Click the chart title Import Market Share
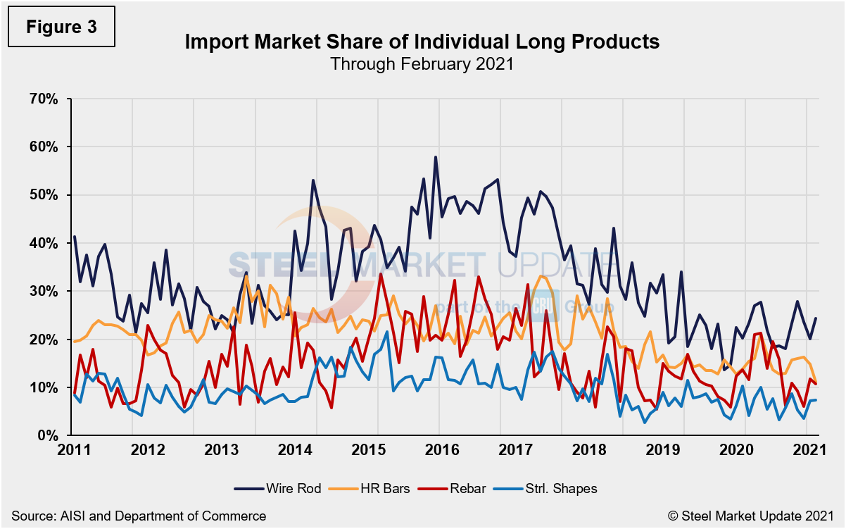422,42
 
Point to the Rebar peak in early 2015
381,274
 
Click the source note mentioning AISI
139,516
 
